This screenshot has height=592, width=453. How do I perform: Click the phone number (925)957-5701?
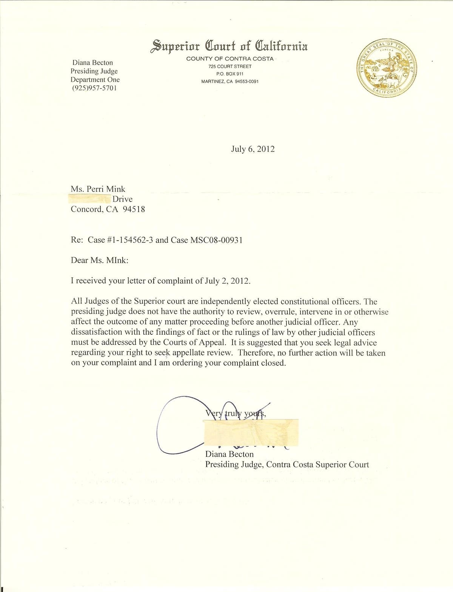point(94,88)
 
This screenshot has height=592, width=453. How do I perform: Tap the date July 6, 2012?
point(253,149)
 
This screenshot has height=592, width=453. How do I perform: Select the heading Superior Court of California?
point(229,46)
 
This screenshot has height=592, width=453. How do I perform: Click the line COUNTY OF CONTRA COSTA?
point(230,59)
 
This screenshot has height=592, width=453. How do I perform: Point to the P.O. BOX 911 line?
point(230,74)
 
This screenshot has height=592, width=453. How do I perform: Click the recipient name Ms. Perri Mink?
point(98,189)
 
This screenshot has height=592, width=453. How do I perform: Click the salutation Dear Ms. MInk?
point(100,260)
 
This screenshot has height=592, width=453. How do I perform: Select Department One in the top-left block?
point(95,80)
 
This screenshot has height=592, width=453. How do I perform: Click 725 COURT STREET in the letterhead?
point(230,66)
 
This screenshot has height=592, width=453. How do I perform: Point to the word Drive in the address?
point(123,199)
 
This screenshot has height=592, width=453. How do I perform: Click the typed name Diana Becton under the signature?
point(229,454)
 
